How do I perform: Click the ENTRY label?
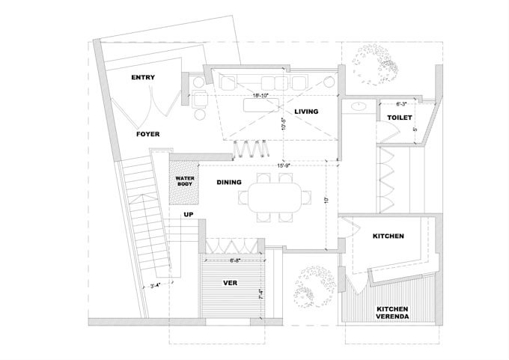142,78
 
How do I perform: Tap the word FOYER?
147,135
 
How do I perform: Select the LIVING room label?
306,112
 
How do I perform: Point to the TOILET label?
400,118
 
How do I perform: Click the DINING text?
228,182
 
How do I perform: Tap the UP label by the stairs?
189,214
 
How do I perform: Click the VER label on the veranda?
231,283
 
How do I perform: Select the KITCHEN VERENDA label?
393,313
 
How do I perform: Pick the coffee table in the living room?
259,106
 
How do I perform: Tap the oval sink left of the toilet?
358,106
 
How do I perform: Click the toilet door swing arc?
387,132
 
